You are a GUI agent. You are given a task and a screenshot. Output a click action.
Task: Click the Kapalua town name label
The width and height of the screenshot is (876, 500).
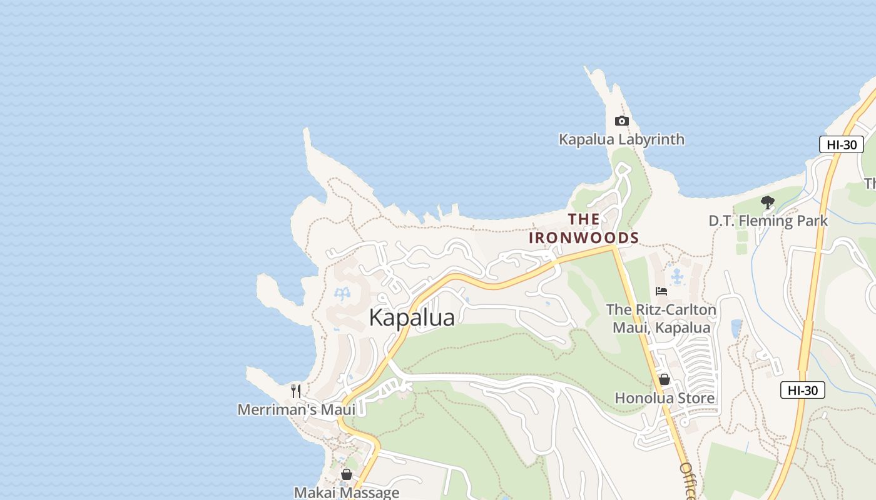(x=412, y=317)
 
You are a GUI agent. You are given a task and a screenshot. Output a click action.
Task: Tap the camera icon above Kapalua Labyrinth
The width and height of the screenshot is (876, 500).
(x=621, y=121)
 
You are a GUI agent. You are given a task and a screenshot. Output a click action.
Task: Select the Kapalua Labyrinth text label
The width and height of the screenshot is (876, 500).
(x=621, y=139)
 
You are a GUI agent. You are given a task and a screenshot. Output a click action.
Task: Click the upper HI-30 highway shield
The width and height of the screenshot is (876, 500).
(x=842, y=144)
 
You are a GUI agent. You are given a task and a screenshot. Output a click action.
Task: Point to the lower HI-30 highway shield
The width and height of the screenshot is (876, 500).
(x=803, y=391)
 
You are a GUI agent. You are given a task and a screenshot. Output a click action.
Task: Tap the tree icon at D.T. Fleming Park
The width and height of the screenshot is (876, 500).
(x=768, y=202)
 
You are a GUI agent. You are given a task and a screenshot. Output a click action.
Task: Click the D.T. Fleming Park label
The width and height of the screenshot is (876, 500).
(x=768, y=221)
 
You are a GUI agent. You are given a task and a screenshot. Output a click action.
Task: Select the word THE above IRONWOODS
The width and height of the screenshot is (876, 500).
(x=584, y=219)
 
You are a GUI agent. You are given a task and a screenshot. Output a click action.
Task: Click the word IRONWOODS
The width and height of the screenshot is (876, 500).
(x=584, y=238)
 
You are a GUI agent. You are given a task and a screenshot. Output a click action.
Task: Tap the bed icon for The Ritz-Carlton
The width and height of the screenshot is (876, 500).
(x=661, y=291)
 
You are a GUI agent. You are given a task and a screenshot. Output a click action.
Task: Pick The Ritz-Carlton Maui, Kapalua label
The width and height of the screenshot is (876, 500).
(x=661, y=319)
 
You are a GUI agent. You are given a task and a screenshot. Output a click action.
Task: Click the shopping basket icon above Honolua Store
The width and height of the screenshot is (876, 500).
(x=665, y=379)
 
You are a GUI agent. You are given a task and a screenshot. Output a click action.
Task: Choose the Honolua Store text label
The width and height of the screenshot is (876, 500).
(x=665, y=398)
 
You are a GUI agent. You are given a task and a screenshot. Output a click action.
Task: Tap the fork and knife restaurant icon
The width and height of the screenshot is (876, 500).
(x=296, y=391)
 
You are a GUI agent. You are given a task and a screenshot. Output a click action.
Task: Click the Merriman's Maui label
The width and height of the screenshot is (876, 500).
(x=296, y=410)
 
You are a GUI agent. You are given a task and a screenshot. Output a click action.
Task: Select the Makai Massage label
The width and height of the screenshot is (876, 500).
(x=347, y=492)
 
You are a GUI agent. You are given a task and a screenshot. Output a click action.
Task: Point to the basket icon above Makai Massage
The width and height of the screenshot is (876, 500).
(x=347, y=474)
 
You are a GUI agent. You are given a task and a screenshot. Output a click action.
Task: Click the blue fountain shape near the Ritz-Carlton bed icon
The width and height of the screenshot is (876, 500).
(x=676, y=276)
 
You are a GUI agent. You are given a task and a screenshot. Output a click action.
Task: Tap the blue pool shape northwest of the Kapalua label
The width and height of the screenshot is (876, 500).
(x=343, y=293)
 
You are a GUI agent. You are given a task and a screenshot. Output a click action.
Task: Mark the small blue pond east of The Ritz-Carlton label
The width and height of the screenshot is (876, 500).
(x=736, y=328)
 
